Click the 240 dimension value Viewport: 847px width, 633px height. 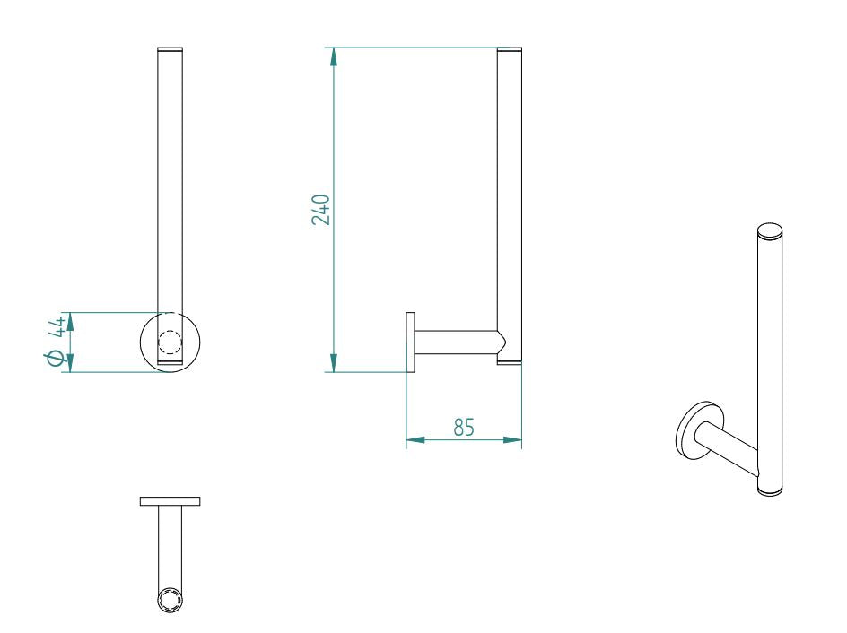click(x=322, y=209)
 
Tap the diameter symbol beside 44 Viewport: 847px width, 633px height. click(x=56, y=359)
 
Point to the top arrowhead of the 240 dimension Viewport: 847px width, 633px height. click(x=334, y=56)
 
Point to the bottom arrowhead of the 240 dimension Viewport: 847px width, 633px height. click(x=334, y=362)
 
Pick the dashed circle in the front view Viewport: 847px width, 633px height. click(x=170, y=343)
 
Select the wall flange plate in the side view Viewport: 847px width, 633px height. click(x=410, y=343)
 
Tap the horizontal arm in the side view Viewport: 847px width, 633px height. click(x=453, y=343)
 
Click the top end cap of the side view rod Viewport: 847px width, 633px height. click(x=509, y=50)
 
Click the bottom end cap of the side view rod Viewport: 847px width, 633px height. click(x=509, y=362)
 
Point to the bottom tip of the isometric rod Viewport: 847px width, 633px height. click(x=770, y=490)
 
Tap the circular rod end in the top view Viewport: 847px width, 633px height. click(x=170, y=601)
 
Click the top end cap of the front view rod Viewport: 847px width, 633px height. click(x=170, y=49)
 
